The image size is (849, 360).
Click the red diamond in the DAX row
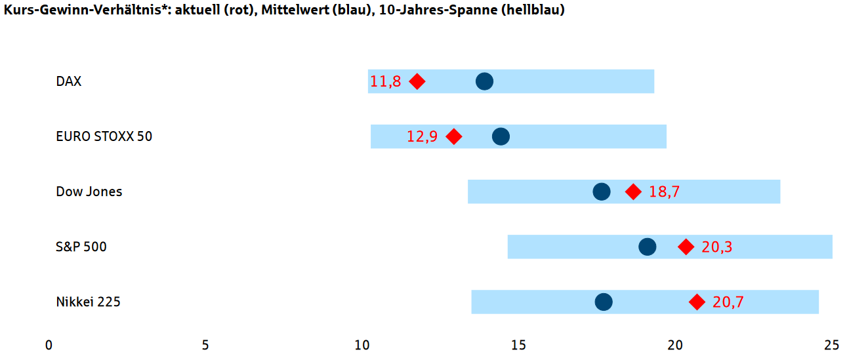coord(417,81)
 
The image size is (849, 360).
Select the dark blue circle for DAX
coord(484,81)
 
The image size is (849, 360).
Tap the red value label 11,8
coord(385,82)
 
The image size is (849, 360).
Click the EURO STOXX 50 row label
coord(104,136)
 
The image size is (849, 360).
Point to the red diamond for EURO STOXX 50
coord(453,136)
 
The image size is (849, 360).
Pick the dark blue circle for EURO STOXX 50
coord(501,136)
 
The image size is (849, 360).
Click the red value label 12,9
coord(422,137)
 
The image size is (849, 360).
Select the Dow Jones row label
coord(89,192)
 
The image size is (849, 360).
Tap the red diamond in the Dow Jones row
coord(633,191)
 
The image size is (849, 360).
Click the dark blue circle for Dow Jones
coord(601,191)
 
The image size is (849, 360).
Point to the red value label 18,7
coord(665,192)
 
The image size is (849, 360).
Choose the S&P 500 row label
coord(81,247)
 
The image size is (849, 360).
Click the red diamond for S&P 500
coord(686,247)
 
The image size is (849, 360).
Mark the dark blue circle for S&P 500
coord(647,247)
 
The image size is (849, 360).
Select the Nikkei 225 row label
coord(89,302)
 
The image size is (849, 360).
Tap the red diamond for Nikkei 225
coord(697,302)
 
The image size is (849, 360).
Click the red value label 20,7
coord(728,302)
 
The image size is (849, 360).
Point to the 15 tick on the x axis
coord(518,345)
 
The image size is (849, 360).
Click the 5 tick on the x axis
coord(205,345)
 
